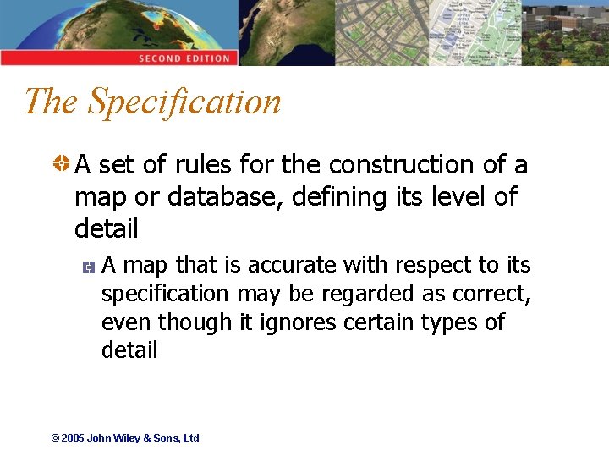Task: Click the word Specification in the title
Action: click(184, 102)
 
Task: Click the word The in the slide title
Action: click(52, 102)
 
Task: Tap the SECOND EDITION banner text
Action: click(184, 58)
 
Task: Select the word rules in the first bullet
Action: click(206, 164)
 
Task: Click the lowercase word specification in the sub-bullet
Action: click(165, 295)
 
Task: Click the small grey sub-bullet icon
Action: click(87, 267)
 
